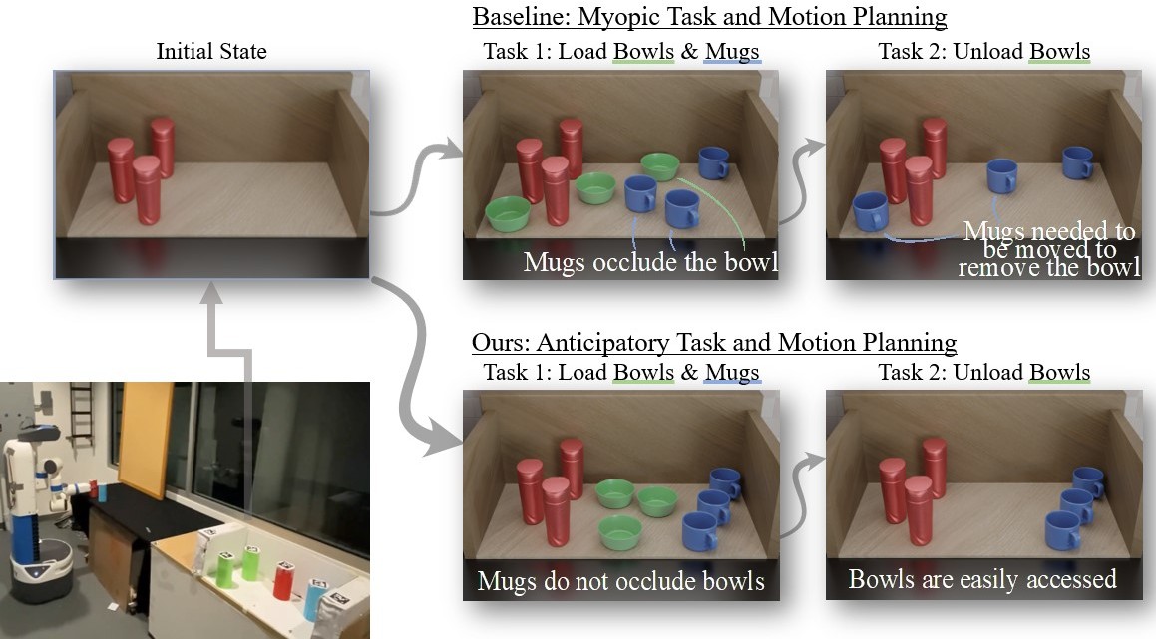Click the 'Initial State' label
[211, 51]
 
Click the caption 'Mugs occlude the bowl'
[650, 263]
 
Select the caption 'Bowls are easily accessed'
[982, 579]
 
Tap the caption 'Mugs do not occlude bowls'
[620, 580]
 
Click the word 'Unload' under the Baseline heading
[986, 51]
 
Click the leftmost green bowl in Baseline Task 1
[507, 211]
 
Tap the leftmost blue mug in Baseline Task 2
[870, 211]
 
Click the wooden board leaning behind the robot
[146, 439]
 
